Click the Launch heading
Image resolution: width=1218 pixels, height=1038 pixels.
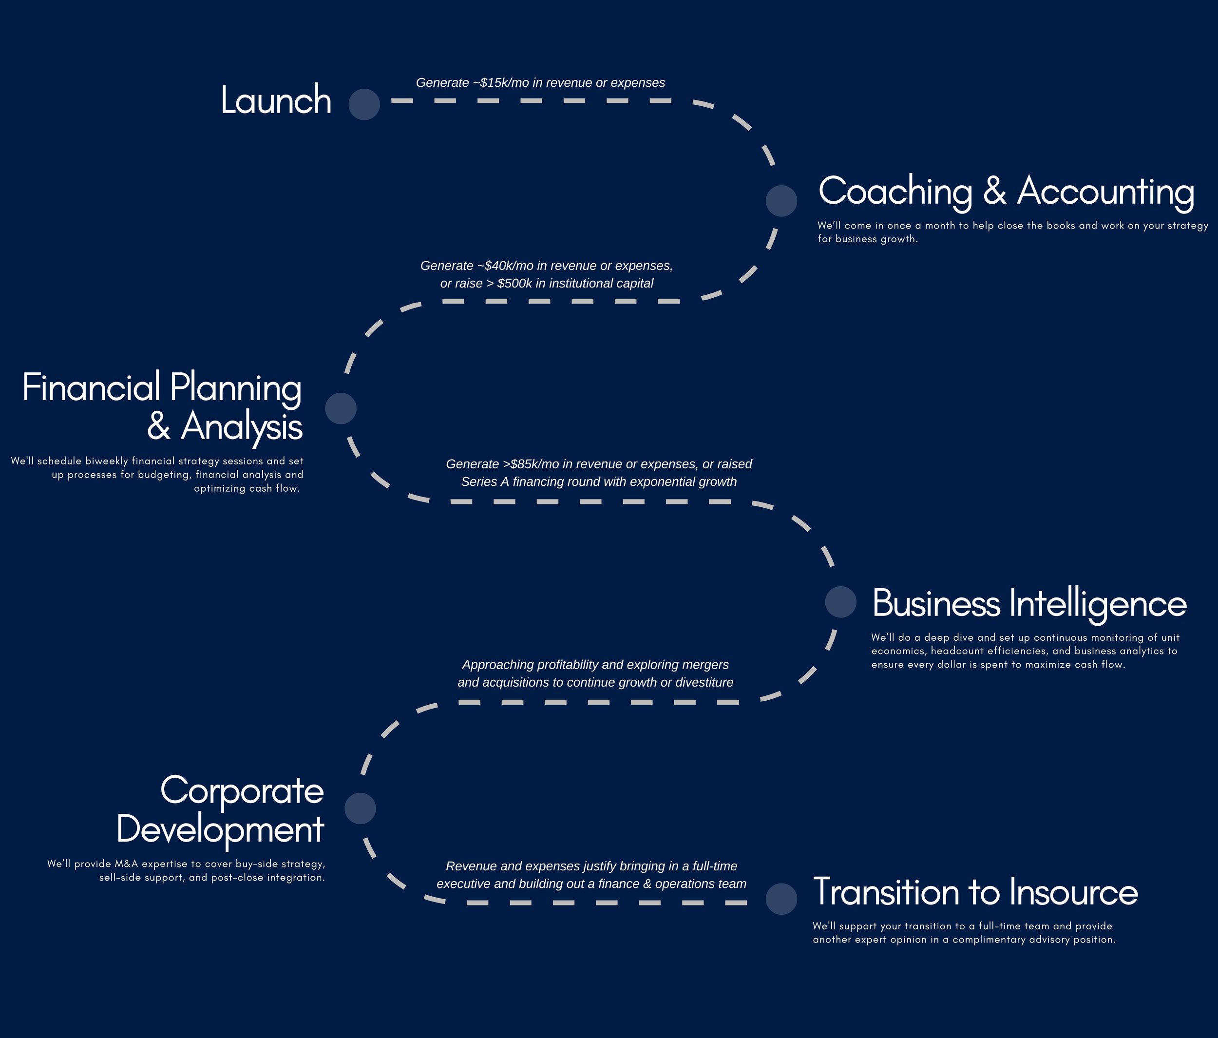[x=276, y=100]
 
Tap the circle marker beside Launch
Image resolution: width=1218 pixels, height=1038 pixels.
[x=364, y=105]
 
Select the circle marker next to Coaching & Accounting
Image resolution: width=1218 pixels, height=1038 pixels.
[x=781, y=201]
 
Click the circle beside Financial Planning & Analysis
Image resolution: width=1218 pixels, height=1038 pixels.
[x=341, y=408]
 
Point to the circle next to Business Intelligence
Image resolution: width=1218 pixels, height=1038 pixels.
[x=840, y=602]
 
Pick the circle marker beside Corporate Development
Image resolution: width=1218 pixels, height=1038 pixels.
[x=360, y=808]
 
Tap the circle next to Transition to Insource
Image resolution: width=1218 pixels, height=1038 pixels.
[x=781, y=899]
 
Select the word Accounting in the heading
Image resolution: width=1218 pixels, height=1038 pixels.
[x=1105, y=192]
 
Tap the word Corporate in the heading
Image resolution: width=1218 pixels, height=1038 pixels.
[x=242, y=791]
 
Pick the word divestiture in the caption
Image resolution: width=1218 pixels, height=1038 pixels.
[x=704, y=682]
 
